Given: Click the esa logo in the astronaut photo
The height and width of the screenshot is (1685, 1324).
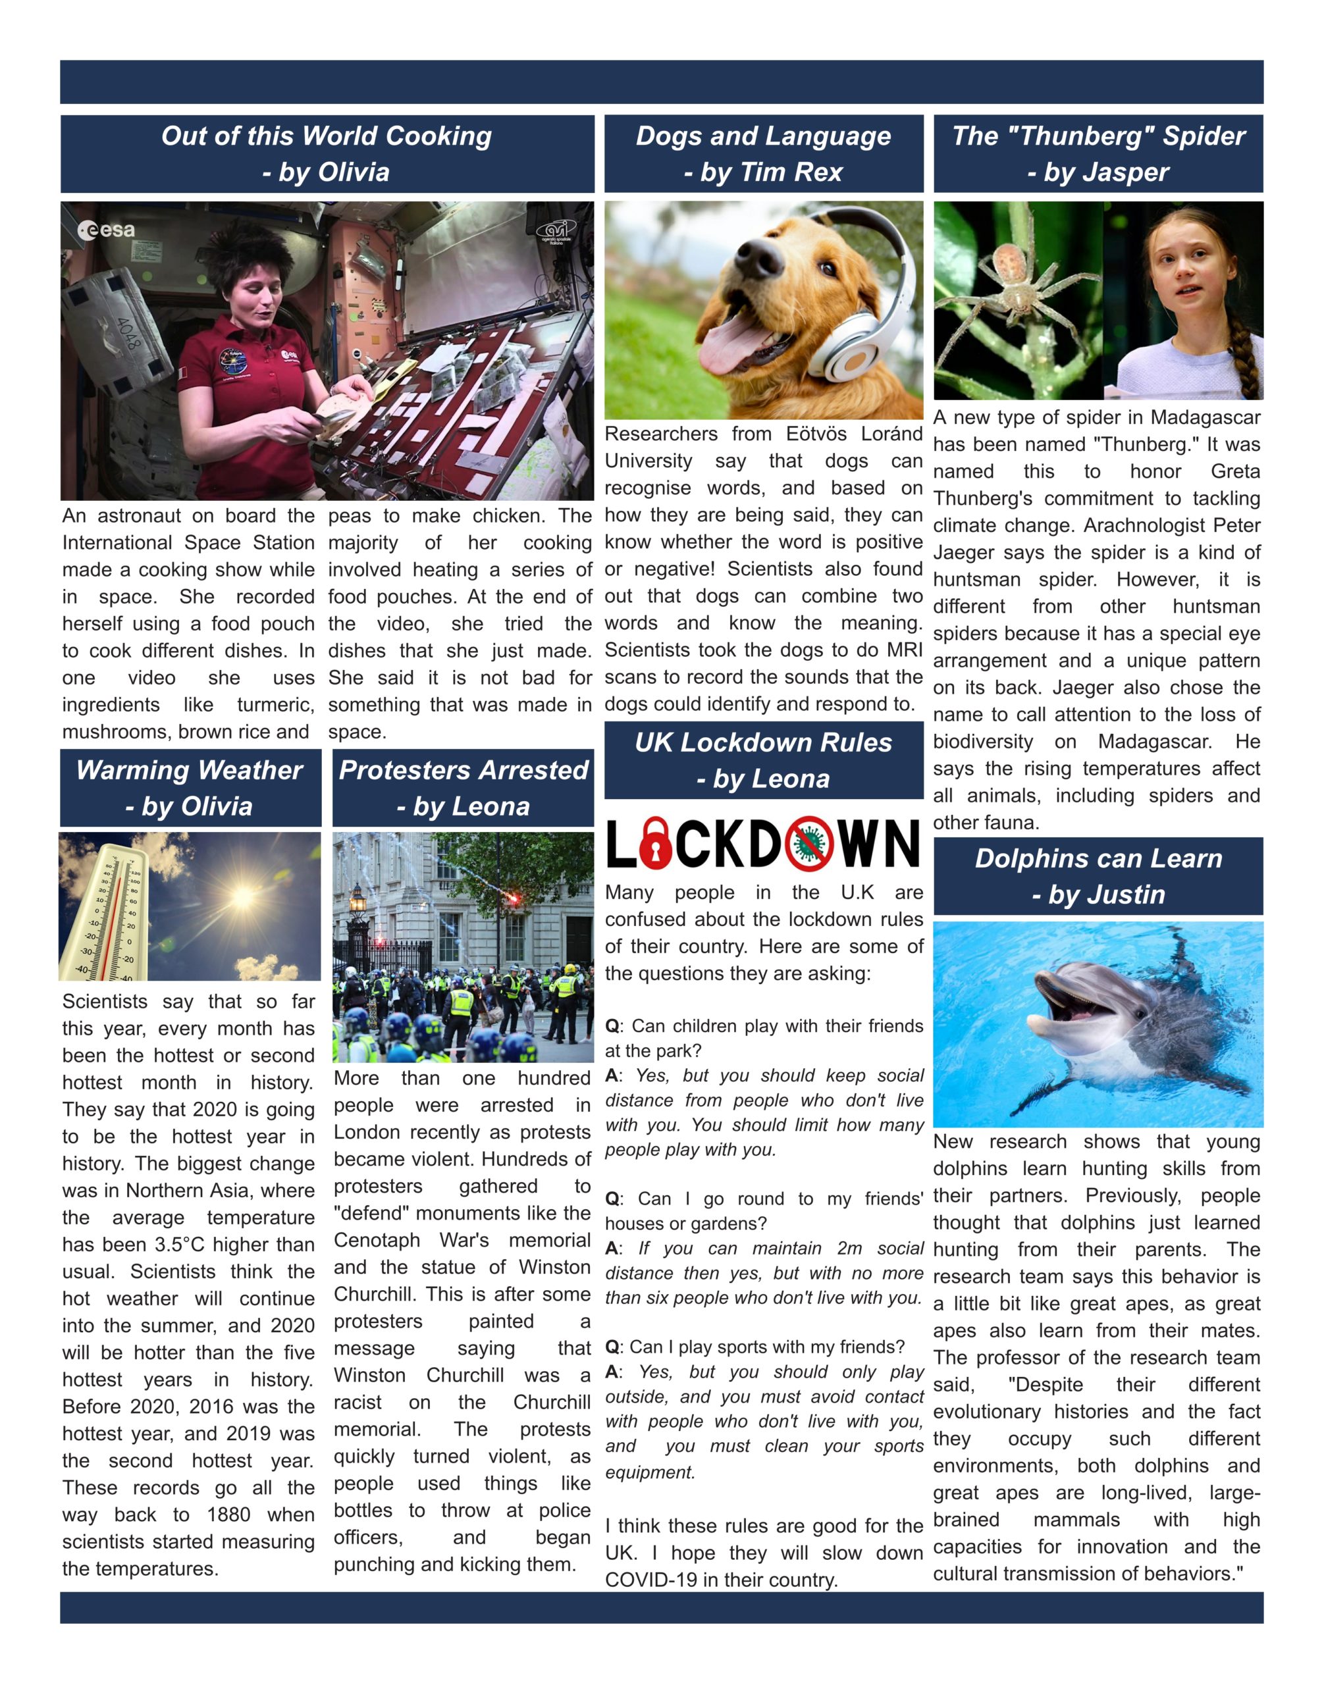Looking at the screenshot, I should [x=106, y=230].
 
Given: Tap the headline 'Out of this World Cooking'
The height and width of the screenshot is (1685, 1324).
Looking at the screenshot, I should [x=327, y=136].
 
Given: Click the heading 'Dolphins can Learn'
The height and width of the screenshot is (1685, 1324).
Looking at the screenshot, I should [x=1098, y=859].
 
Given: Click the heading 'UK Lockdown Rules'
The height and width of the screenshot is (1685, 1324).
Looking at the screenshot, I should [x=763, y=742].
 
